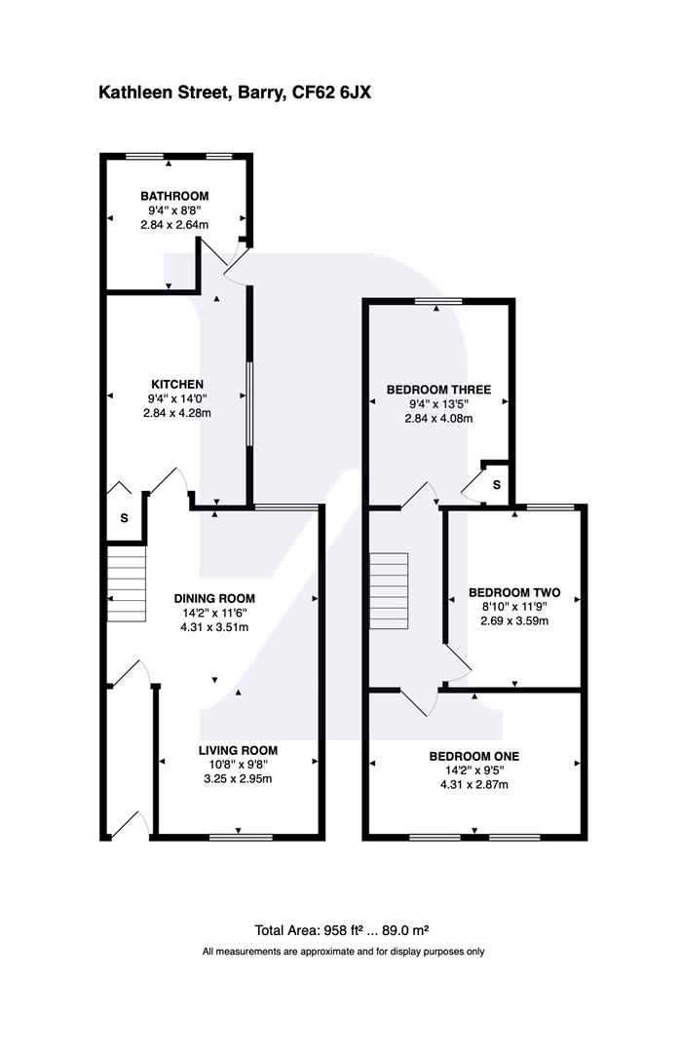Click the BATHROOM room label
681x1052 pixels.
pyautogui.click(x=174, y=196)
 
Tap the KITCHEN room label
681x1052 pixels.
pyautogui.click(x=177, y=385)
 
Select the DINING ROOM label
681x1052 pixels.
pyautogui.click(x=214, y=598)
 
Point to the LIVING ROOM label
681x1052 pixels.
pyautogui.click(x=238, y=751)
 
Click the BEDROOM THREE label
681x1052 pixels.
pyautogui.click(x=438, y=390)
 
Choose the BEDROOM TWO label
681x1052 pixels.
pyautogui.click(x=514, y=592)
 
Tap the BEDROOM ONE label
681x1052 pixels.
pyautogui.click(x=474, y=756)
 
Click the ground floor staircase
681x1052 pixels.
pyautogui.click(x=126, y=583)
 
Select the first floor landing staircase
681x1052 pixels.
pyautogui.click(x=389, y=591)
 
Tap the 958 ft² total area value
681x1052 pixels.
pyautogui.click(x=344, y=930)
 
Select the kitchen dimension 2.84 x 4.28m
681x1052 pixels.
pyautogui.click(x=177, y=413)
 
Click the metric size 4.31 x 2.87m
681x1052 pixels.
pyautogui.click(x=474, y=785)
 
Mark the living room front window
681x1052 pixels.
pyautogui.click(x=241, y=838)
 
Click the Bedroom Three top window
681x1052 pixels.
pyautogui.click(x=438, y=302)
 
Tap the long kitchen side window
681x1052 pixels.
pyautogui.click(x=249, y=404)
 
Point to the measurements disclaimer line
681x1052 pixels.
pyautogui.click(x=344, y=952)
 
